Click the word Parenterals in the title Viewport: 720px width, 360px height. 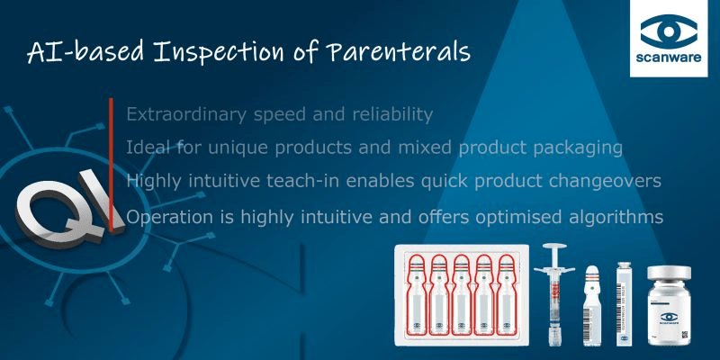click(x=399, y=52)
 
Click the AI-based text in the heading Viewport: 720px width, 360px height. click(x=85, y=52)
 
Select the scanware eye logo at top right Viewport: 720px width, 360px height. click(x=669, y=31)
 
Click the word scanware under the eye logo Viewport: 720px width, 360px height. click(x=669, y=58)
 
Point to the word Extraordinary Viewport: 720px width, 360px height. click(x=186, y=115)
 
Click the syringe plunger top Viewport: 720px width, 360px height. click(x=554, y=246)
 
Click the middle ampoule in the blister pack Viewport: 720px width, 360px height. click(x=462, y=295)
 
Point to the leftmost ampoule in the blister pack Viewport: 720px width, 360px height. click(x=417, y=295)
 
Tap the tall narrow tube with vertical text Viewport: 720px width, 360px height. click(x=624, y=304)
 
